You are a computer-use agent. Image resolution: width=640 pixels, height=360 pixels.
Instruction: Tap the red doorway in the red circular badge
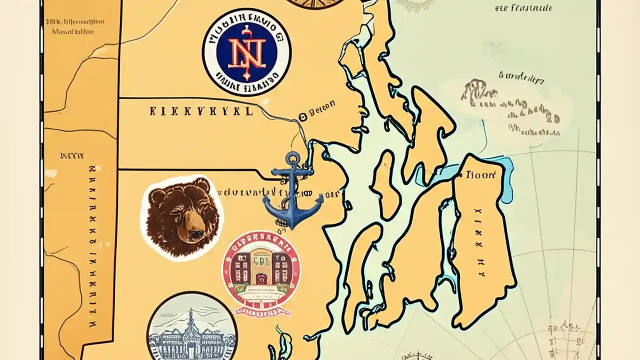point(261,278)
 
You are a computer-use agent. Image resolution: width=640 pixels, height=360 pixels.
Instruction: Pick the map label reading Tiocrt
point(480,175)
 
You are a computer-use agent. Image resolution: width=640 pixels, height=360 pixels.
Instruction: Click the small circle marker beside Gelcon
point(301,117)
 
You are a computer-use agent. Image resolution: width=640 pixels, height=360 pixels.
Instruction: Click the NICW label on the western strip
point(71,156)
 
